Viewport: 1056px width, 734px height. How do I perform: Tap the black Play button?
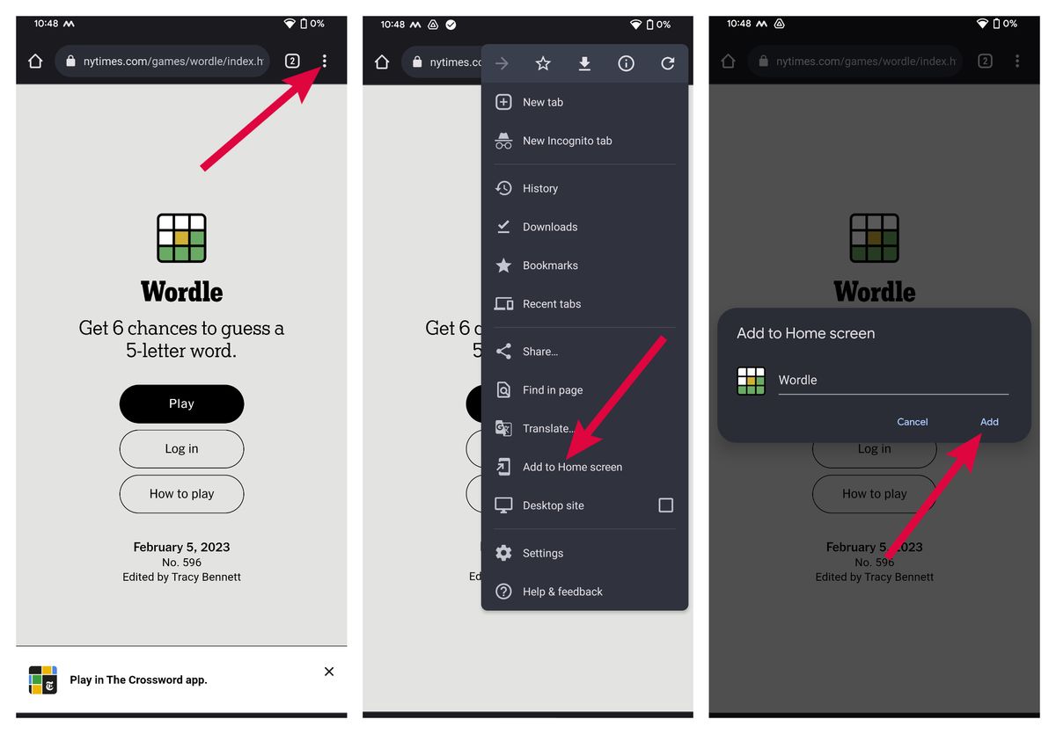(x=181, y=403)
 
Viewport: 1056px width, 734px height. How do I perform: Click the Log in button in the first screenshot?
(x=181, y=448)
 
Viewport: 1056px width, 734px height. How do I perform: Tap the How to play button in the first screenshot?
(x=181, y=493)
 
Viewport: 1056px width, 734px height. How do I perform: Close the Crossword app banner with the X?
(x=329, y=672)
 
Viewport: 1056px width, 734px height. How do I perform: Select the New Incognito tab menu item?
(x=567, y=141)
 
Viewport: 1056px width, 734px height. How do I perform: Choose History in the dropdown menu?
(x=539, y=188)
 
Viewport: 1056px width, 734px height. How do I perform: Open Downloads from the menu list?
(x=550, y=227)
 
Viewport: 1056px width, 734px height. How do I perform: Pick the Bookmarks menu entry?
(x=550, y=265)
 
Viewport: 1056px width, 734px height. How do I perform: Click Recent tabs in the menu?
(x=552, y=304)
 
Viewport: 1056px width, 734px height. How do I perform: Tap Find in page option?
(x=553, y=390)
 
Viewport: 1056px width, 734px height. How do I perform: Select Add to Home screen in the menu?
(x=572, y=467)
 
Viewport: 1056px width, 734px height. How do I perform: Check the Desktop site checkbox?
(x=666, y=505)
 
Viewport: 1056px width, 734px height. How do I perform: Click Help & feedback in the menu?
(x=562, y=592)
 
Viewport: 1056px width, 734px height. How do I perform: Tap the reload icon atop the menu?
(x=668, y=63)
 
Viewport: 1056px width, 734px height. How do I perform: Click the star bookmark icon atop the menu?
(x=543, y=63)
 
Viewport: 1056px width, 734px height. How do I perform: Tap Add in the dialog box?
(x=989, y=422)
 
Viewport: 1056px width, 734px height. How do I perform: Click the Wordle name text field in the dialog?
(x=892, y=381)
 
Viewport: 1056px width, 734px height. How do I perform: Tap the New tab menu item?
(x=542, y=102)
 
